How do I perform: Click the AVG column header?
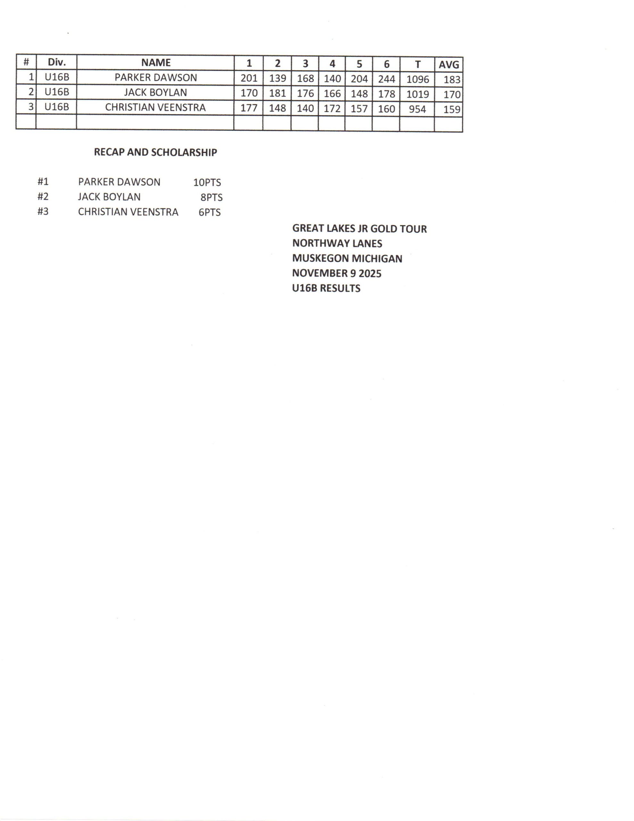coord(449,65)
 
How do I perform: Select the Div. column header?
coord(57,63)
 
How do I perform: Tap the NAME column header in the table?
coord(155,63)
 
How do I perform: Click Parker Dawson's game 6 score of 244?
coord(386,79)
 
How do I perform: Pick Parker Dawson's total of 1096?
coord(418,79)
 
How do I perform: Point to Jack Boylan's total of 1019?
coord(418,94)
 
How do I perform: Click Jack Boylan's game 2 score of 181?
coord(277,93)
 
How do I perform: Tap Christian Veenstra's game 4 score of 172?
coord(332,109)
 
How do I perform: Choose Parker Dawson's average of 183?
coord(452,79)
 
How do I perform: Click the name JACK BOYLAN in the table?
coord(155,92)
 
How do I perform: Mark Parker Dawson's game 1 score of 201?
coord(249,78)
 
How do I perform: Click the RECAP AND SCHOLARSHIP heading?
coord(155,152)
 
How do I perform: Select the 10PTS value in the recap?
coord(207,182)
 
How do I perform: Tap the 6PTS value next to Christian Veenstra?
coord(210,212)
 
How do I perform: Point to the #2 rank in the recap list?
coord(43,197)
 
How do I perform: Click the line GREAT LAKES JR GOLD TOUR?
coord(359,229)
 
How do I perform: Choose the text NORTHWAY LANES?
coord(337,244)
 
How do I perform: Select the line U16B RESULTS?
coord(326,288)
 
